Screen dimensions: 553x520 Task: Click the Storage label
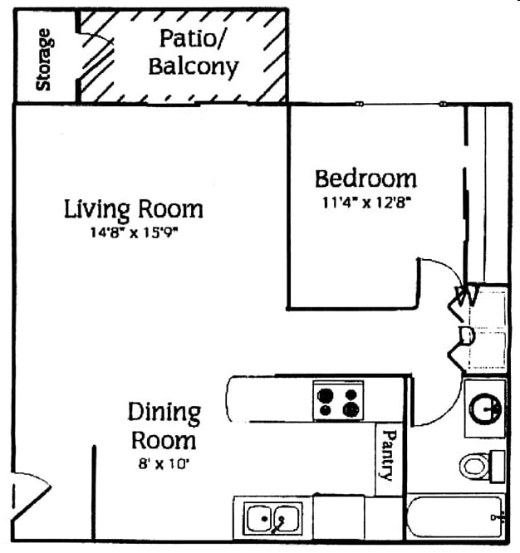[x=44, y=59]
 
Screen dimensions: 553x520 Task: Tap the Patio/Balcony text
[x=193, y=51]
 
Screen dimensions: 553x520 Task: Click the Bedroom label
[x=365, y=178]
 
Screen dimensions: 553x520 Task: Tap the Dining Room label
[x=163, y=425]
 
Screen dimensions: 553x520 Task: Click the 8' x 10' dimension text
[x=163, y=464]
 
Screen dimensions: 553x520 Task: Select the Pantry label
[x=387, y=454]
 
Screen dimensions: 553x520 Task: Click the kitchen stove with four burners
[x=338, y=401]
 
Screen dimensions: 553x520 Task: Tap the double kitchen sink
[x=271, y=519]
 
